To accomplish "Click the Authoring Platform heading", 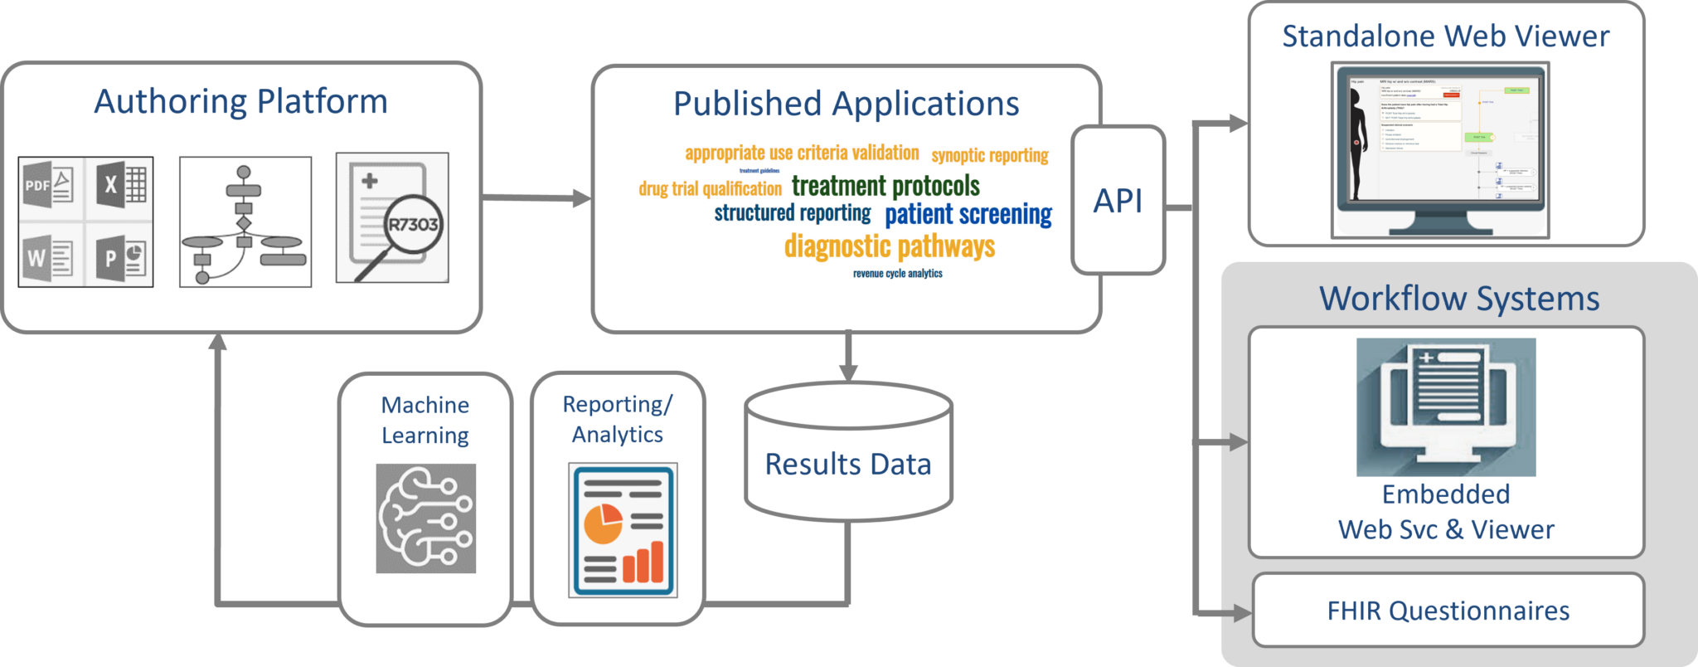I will click(x=240, y=102).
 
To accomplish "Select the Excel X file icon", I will click(x=121, y=185).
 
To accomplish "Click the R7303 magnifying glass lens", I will click(x=413, y=224).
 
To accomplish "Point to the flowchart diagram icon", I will click(x=245, y=222).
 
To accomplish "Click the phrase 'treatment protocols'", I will click(x=885, y=186).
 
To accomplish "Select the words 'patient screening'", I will click(x=968, y=214).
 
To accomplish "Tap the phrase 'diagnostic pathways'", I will click(x=890, y=246).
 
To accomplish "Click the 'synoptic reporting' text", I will click(x=990, y=155).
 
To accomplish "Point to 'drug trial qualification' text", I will click(x=710, y=189).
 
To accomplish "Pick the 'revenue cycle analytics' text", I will click(x=897, y=274).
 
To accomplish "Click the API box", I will click(x=1118, y=201).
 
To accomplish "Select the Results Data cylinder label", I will click(x=848, y=465).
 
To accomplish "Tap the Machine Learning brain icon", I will click(x=425, y=519).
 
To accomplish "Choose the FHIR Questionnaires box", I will click(x=1448, y=611).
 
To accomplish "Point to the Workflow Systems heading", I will click(x=1459, y=299).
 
